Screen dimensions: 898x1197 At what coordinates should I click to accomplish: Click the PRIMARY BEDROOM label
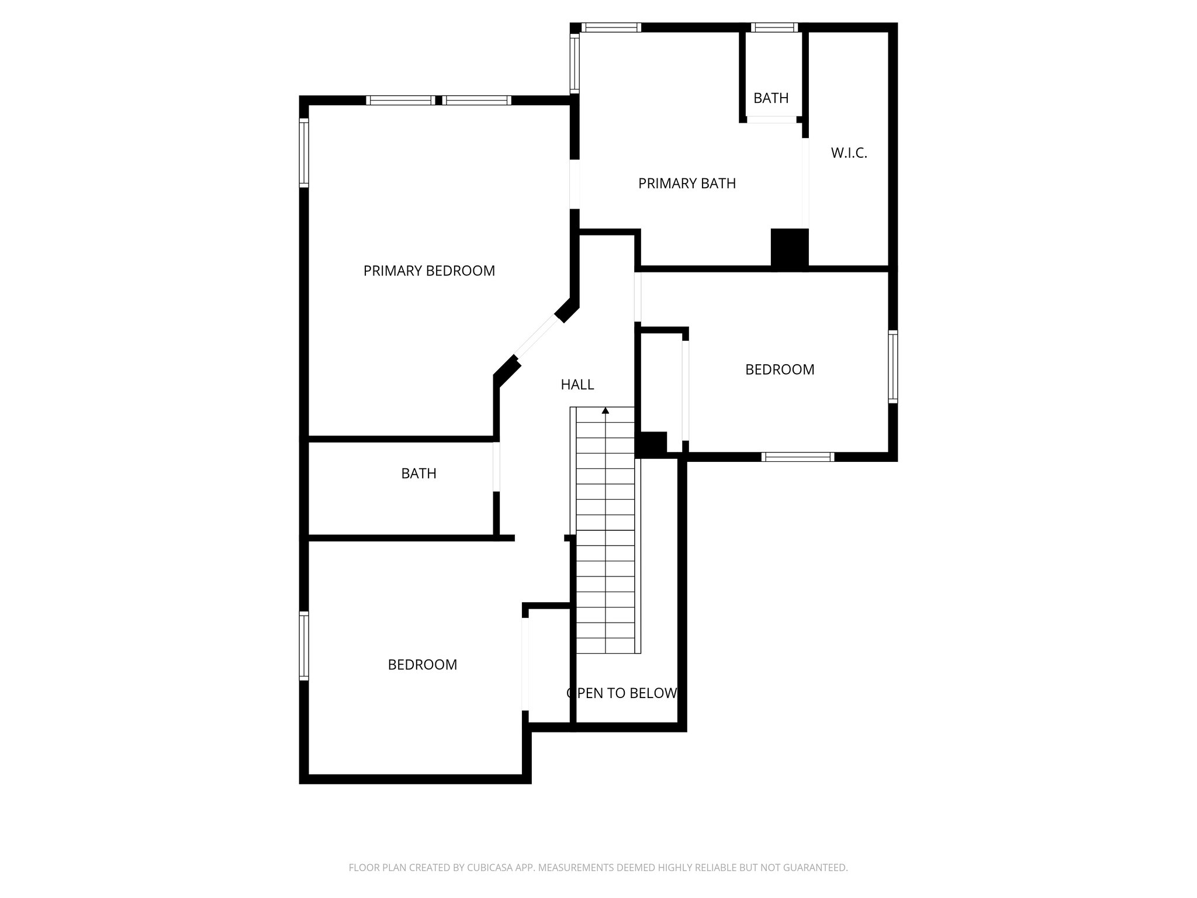pos(429,271)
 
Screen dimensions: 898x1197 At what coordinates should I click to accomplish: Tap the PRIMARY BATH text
pos(687,184)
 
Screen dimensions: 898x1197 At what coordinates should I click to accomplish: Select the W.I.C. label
pos(849,153)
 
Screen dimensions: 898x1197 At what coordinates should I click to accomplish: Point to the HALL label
pos(577,385)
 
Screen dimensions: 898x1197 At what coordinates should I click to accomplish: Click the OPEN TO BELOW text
pos(622,693)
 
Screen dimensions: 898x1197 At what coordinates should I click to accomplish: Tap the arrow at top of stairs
pos(606,411)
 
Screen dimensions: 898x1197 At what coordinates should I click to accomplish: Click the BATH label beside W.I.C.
pos(771,98)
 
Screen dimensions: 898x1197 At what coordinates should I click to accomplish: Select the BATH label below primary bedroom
pos(418,474)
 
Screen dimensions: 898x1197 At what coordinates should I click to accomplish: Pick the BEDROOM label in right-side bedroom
pos(780,369)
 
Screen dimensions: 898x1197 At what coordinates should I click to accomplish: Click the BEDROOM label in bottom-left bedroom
pos(423,665)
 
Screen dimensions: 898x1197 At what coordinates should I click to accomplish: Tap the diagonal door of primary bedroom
pos(537,337)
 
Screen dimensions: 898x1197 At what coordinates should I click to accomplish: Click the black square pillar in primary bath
pos(789,248)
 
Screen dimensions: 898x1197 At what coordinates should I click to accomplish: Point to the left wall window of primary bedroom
pos(304,153)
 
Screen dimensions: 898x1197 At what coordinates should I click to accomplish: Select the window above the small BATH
pos(774,27)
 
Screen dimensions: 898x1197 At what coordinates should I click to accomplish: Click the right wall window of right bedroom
pos(893,367)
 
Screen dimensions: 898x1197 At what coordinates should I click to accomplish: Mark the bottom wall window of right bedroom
pos(798,457)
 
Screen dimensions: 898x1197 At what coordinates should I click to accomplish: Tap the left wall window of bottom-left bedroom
pos(304,645)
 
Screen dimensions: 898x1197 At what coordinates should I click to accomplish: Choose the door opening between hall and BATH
pos(496,467)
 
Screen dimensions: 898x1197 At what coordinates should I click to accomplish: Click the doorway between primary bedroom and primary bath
pos(575,184)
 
